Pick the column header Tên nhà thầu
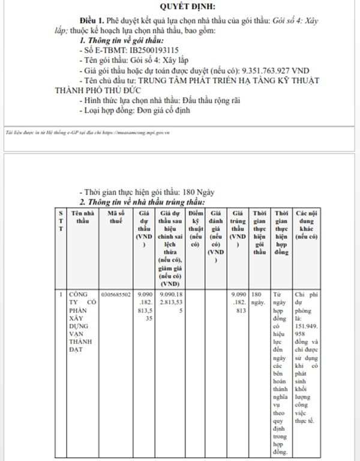tap(82, 217)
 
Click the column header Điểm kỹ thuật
tap(195, 229)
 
